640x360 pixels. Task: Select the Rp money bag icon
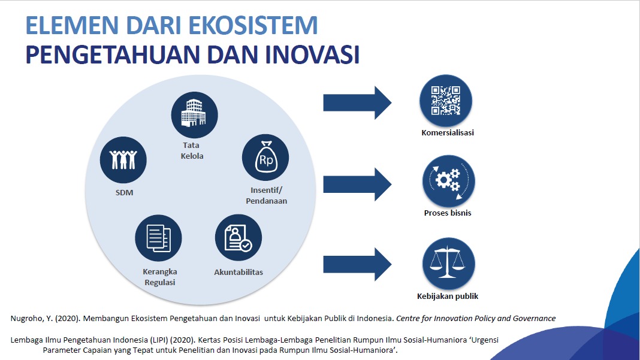click(x=265, y=157)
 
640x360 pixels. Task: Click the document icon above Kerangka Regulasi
click(x=158, y=238)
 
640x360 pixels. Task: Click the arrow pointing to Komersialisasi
click(x=357, y=102)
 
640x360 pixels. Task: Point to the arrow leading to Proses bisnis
click(x=357, y=184)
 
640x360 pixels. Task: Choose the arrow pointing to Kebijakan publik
click(x=357, y=264)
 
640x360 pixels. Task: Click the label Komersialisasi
click(x=448, y=133)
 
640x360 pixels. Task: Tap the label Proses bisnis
click(x=448, y=213)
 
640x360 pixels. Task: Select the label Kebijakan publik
click(x=448, y=296)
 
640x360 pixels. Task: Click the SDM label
click(x=125, y=193)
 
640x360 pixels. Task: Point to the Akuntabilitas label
click(x=239, y=272)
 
